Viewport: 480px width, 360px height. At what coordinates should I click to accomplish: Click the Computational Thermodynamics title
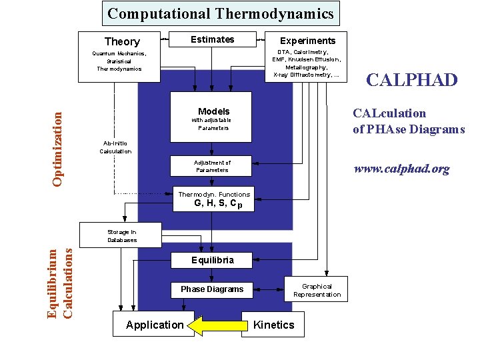coord(221,13)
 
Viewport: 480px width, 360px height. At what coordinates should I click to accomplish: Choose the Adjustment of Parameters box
coord(212,166)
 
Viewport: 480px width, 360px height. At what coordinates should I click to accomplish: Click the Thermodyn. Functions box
coord(213,199)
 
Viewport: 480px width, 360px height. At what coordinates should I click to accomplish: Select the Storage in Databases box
coord(121,235)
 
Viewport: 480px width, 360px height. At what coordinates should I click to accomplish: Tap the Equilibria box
coord(212,260)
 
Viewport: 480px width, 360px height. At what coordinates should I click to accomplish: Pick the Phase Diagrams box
coord(212,289)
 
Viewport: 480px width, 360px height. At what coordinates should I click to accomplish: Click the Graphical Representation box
coord(317,290)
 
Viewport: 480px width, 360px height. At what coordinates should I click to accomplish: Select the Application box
coord(154,325)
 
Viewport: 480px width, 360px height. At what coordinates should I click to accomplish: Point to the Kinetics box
coord(273,325)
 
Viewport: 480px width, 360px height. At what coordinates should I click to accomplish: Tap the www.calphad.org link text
coord(401,169)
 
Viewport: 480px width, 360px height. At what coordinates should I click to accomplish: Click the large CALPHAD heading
coord(412,81)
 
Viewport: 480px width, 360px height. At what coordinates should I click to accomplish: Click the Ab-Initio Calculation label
coord(115,147)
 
